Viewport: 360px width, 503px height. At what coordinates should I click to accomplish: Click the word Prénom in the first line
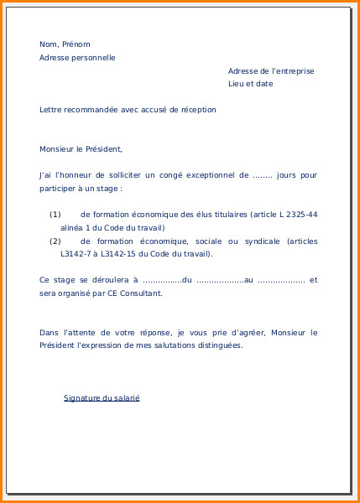coord(76,44)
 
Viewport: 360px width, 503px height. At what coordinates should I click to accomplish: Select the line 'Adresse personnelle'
coord(77,58)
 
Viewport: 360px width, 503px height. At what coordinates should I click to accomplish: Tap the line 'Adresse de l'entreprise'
coord(271,71)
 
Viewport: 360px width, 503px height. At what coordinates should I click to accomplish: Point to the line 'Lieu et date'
coord(251,84)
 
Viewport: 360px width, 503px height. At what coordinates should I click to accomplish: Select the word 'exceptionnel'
coord(207,175)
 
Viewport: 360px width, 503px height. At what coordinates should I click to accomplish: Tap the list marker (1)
coord(55,215)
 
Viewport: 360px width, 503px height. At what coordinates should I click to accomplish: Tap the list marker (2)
coord(55,241)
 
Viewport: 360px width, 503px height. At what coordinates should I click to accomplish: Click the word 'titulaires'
coord(221,215)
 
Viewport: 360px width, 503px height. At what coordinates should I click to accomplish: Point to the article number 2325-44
coord(300,215)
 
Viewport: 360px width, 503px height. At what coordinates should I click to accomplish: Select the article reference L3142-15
coord(126,254)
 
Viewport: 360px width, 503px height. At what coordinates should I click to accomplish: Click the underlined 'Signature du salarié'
coord(102,397)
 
